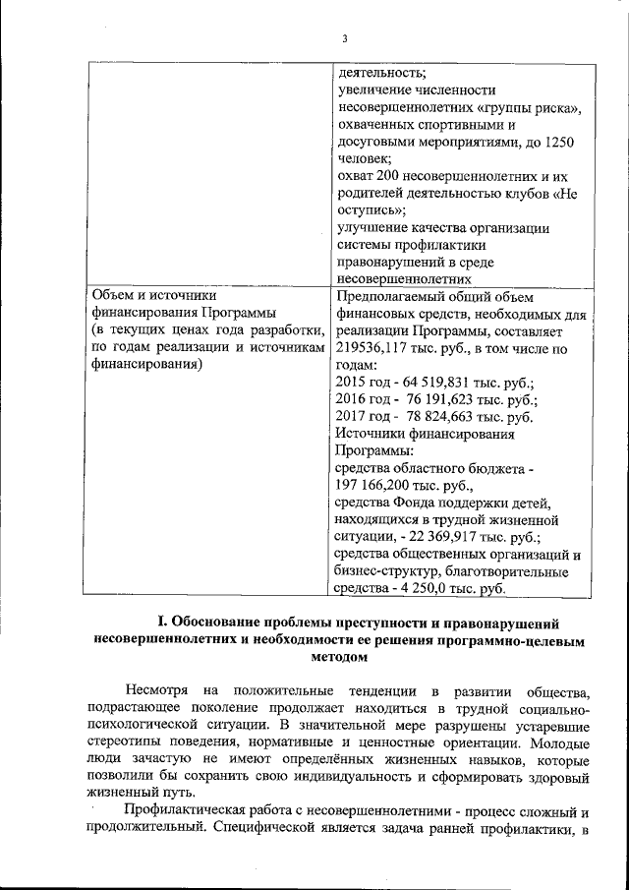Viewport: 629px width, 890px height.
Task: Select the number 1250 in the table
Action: (557, 143)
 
